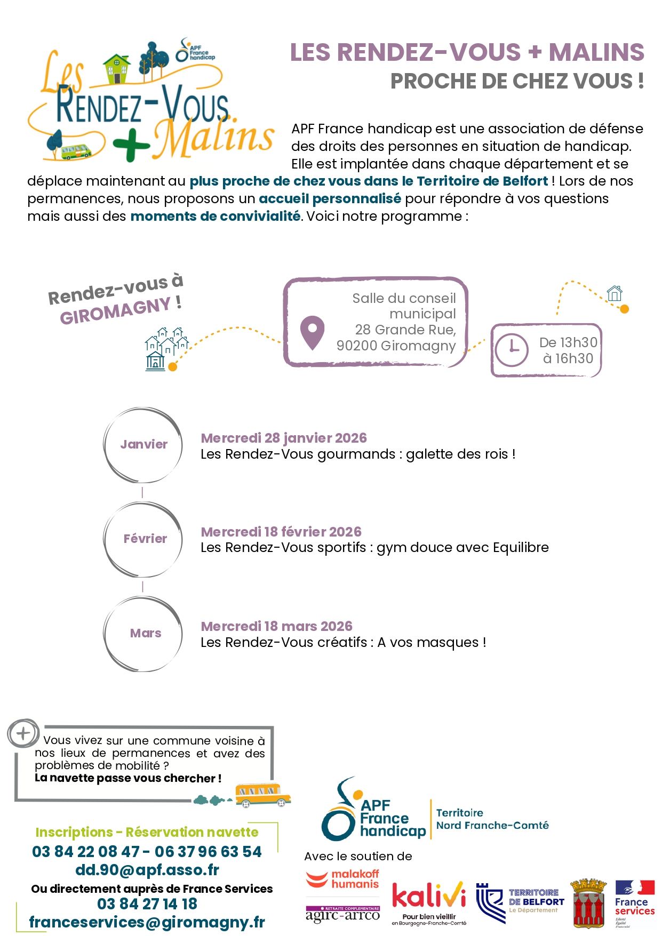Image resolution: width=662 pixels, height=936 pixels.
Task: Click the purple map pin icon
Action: click(312, 332)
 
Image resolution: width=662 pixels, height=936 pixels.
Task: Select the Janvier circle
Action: click(143, 445)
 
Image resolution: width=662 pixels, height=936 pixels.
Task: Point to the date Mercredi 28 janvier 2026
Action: click(283, 438)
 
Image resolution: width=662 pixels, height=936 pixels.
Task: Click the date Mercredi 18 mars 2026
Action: click(276, 626)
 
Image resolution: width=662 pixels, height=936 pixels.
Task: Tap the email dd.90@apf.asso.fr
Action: click(147, 870)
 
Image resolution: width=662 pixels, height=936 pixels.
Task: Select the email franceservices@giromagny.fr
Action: click(147, 922)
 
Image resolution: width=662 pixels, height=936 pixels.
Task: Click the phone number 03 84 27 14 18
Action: click(147, 904)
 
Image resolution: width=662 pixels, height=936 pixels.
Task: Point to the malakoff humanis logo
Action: click(342, 879)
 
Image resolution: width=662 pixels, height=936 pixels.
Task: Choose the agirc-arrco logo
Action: click(342, 914)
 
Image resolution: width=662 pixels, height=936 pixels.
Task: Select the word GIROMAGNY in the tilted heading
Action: click(115, 311)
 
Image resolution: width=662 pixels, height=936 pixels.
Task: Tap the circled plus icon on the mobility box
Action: click(23, 733)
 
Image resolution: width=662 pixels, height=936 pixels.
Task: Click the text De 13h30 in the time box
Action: click(568, 342)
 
